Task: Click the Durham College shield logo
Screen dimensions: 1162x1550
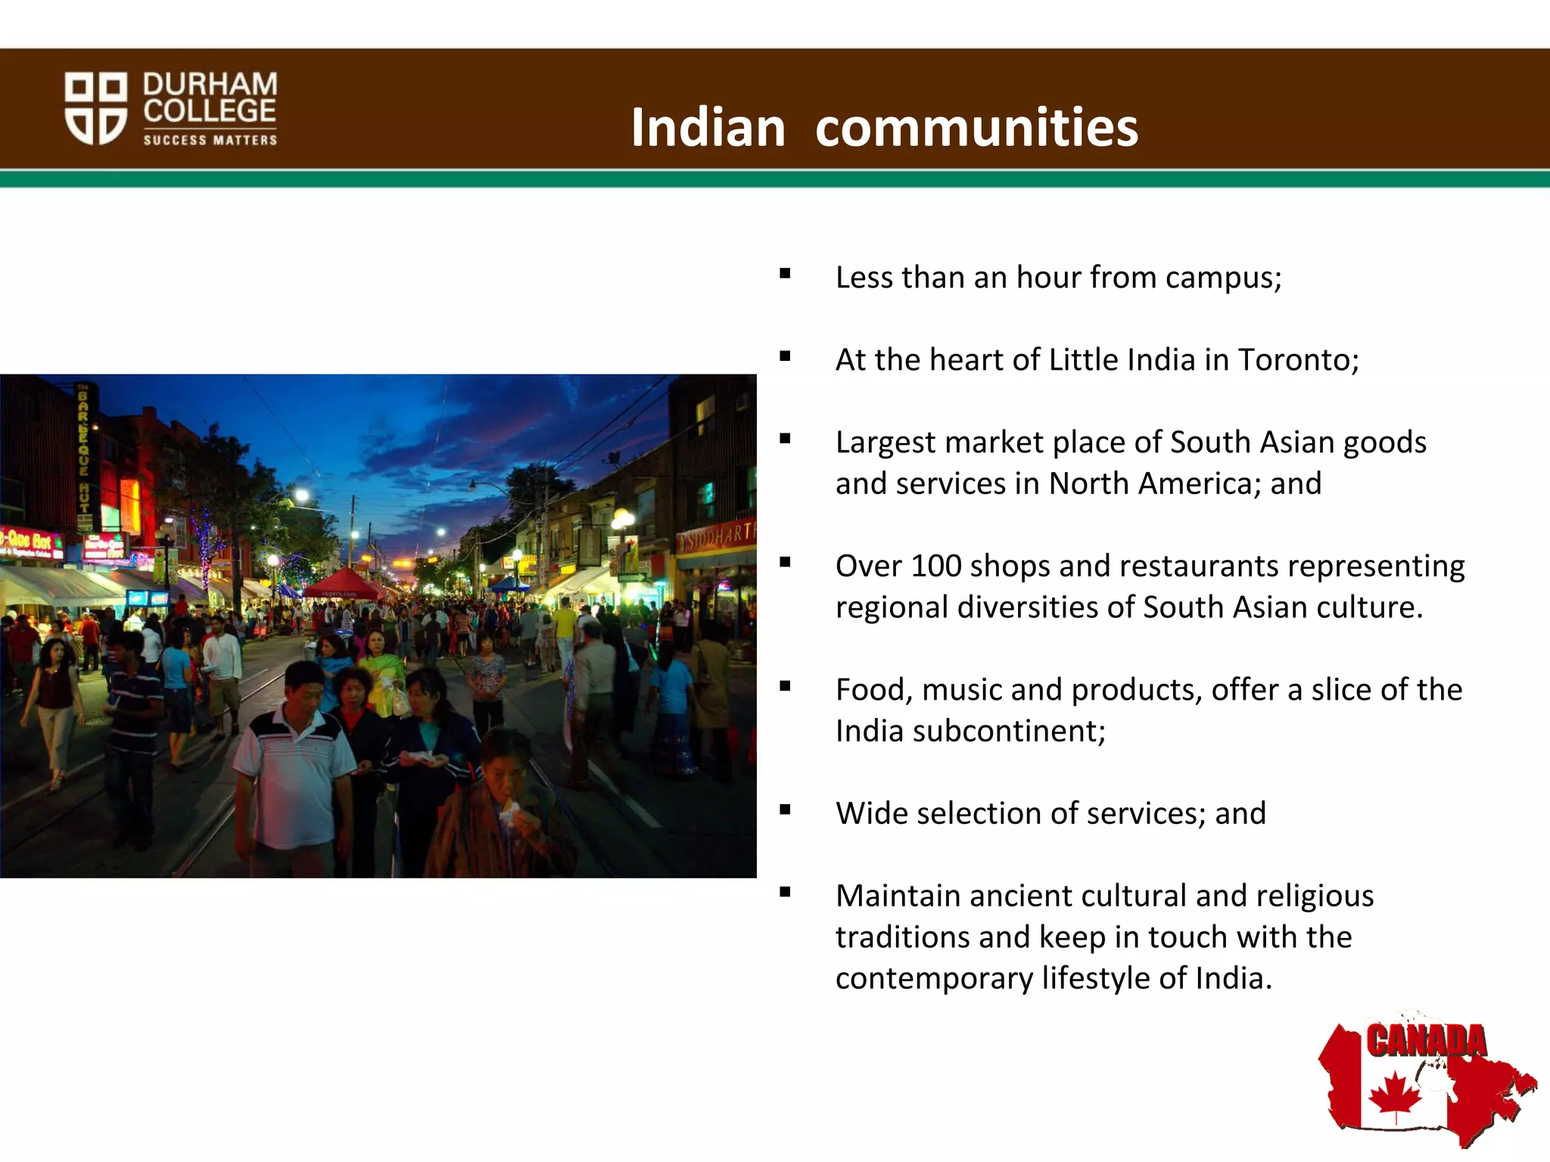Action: click(95, 107)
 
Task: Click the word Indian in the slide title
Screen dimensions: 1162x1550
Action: click(708, 127)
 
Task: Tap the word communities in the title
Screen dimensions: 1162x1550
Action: click(976, 127)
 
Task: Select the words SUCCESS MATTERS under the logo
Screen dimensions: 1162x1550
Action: click(210, 140)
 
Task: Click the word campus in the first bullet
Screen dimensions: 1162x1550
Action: click(1223, 278)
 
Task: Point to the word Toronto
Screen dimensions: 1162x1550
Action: click(1298, 360)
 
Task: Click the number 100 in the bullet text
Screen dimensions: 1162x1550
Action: click(935, 566)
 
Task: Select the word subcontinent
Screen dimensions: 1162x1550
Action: click(1008, 732)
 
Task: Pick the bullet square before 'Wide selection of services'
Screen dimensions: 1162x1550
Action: click(785, 810)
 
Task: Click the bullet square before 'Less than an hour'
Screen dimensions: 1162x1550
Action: click(785, 274)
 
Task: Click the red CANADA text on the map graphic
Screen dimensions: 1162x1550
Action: click(1426, 1041)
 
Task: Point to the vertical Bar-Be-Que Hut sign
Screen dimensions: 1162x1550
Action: click(84, 454)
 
